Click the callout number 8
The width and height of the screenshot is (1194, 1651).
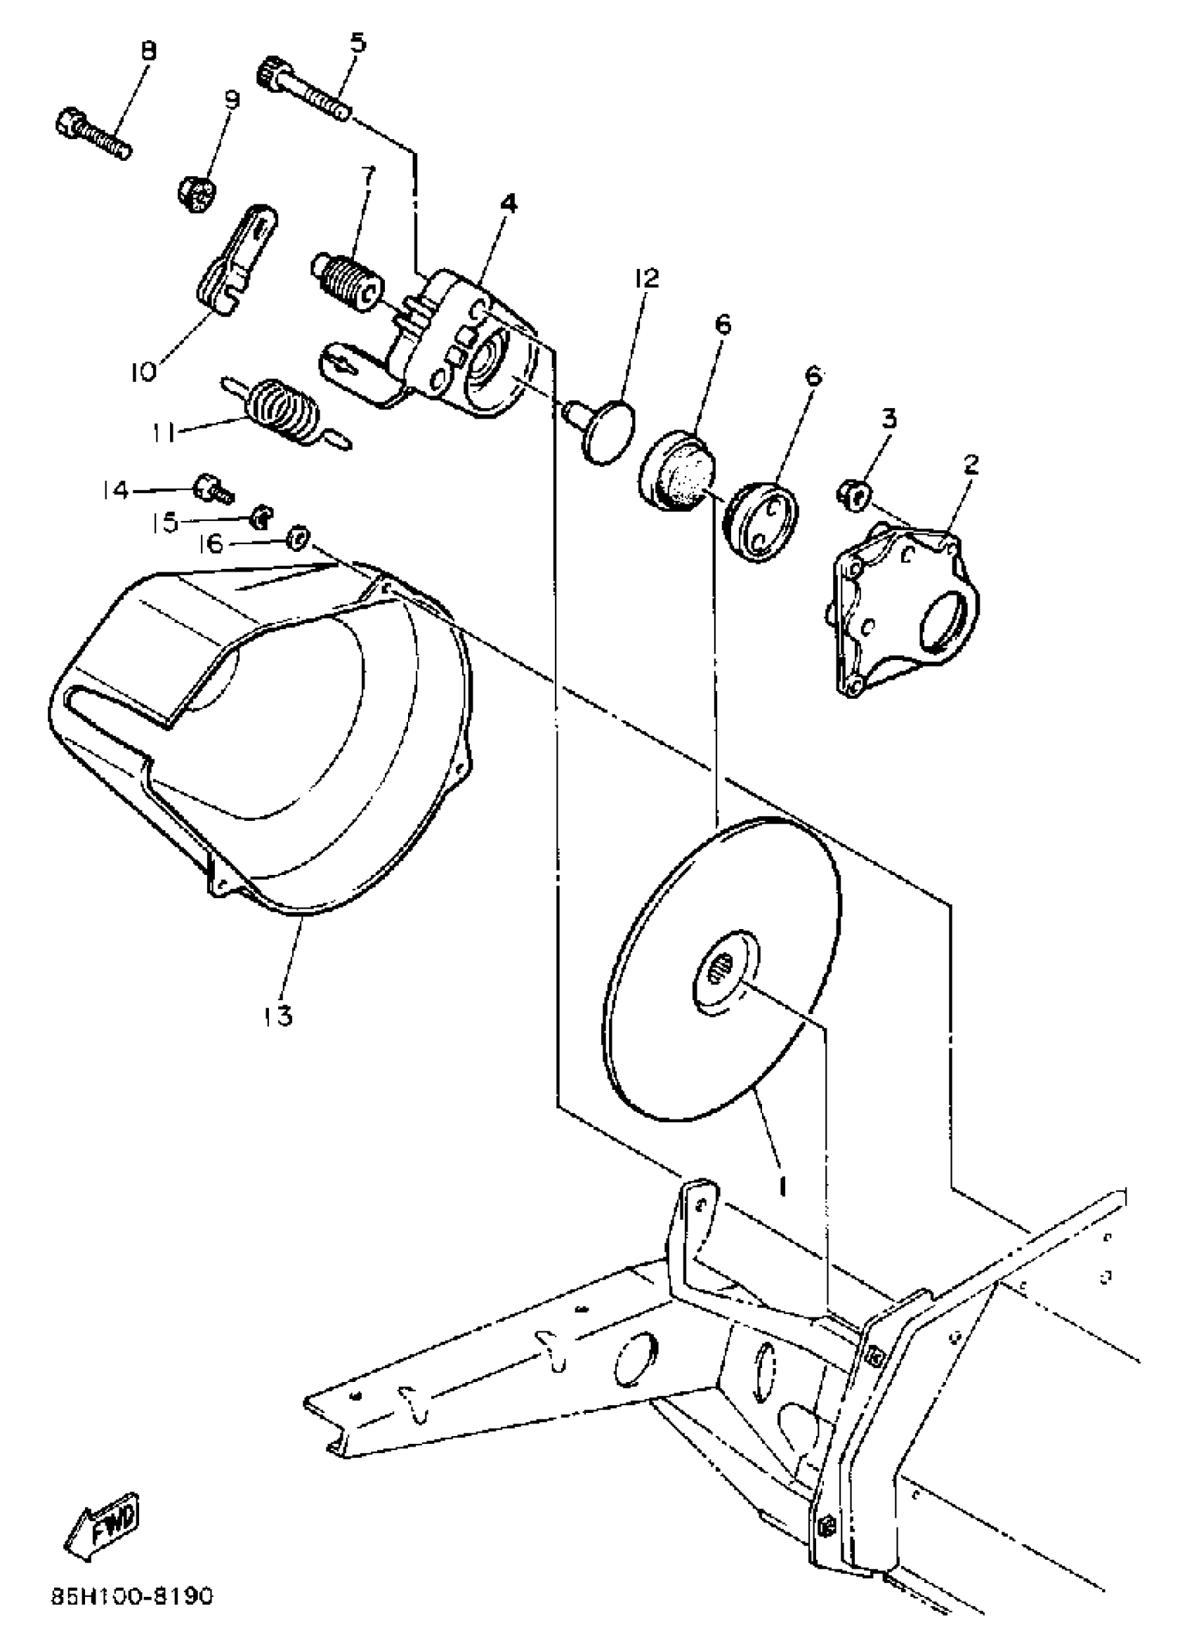pos(147,52)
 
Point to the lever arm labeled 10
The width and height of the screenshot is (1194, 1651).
pos(237,260)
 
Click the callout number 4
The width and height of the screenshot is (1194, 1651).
pos(509,202)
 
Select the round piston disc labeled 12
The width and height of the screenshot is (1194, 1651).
pos(610,430)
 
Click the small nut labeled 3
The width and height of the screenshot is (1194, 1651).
pos(854,494)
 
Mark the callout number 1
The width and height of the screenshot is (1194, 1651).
pos(782,1186)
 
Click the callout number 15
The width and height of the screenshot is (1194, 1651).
pos(165,521)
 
